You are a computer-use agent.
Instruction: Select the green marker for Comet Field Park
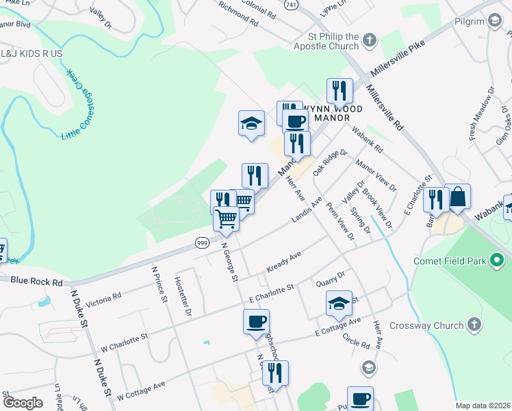pyautogui.click(x=498, y=260)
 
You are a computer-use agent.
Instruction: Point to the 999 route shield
pyautogui.click(x=201, y=242)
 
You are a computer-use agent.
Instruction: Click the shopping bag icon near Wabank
pyautogui.click(x=458, y=197)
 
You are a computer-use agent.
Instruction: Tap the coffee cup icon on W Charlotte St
pyautogui.click(x=256, y=321)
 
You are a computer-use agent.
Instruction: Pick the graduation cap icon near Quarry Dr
pyautogui.click(x=339, y=303)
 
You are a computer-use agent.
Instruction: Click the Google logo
pyautogui.click(x=23, y=403)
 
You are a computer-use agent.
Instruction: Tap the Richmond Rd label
pyautogui.click(x=238, y=13)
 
